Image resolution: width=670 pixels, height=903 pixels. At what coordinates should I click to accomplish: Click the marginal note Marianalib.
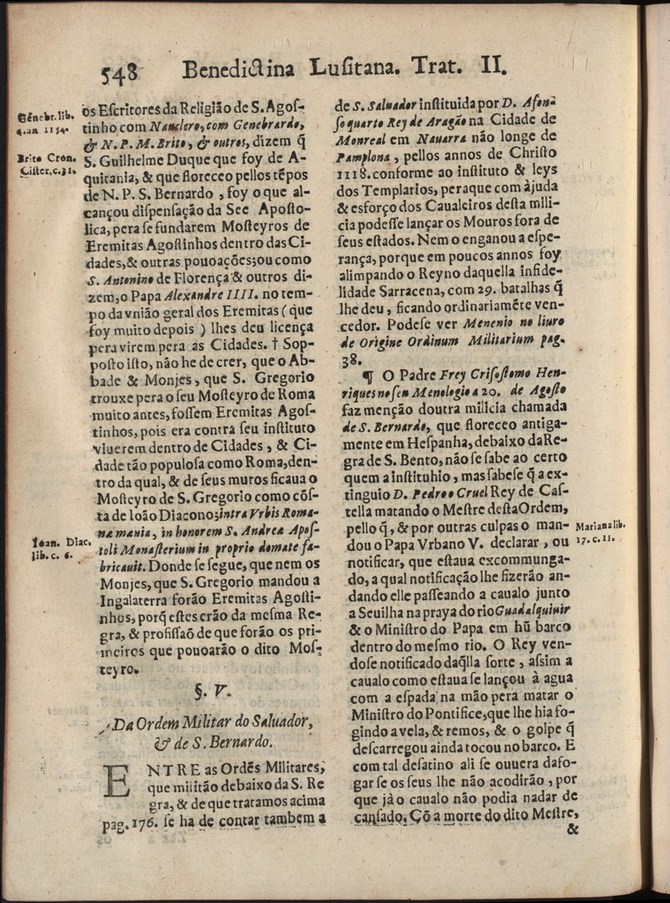(x=602, y=526)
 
